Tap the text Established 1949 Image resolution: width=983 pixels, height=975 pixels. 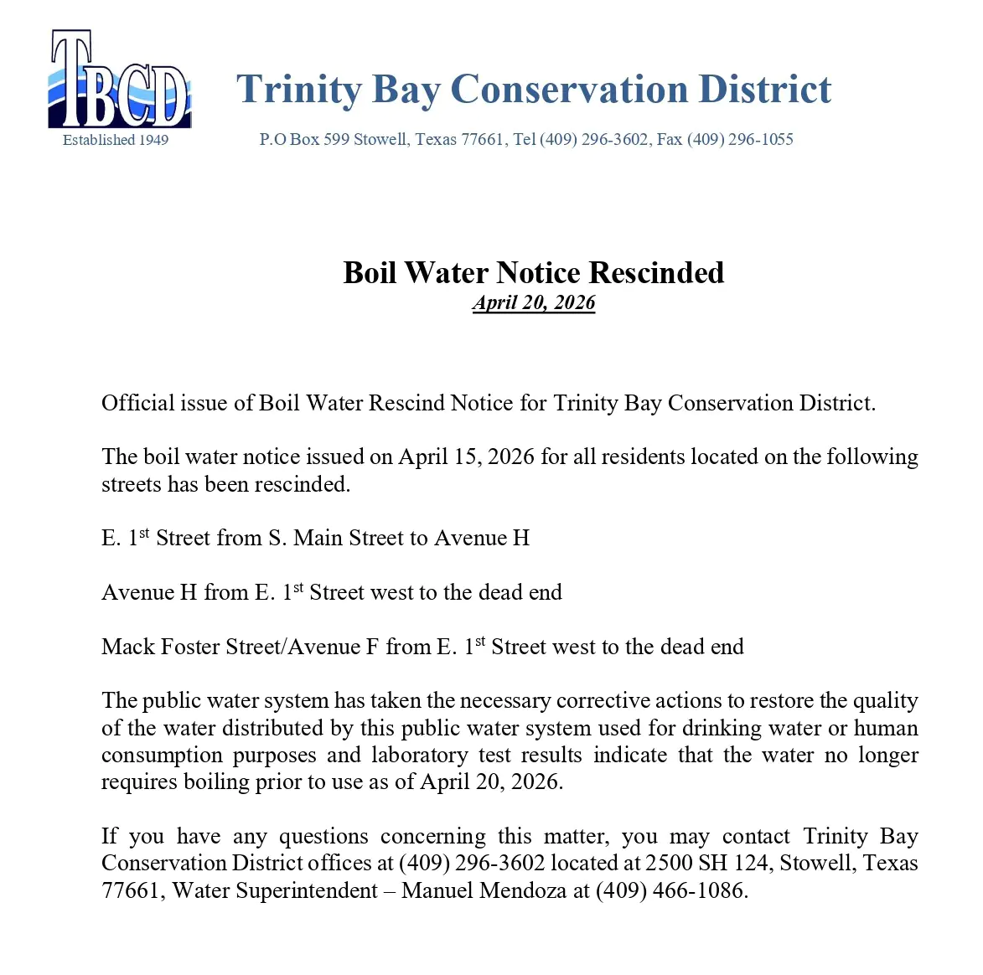pyautogui.click(x=116, y=140)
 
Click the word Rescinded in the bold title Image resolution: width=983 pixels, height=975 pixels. pyautogui.click(x=656, y=273)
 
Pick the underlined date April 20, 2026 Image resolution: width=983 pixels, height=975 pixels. pyautogui.click(x=534, y=303)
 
